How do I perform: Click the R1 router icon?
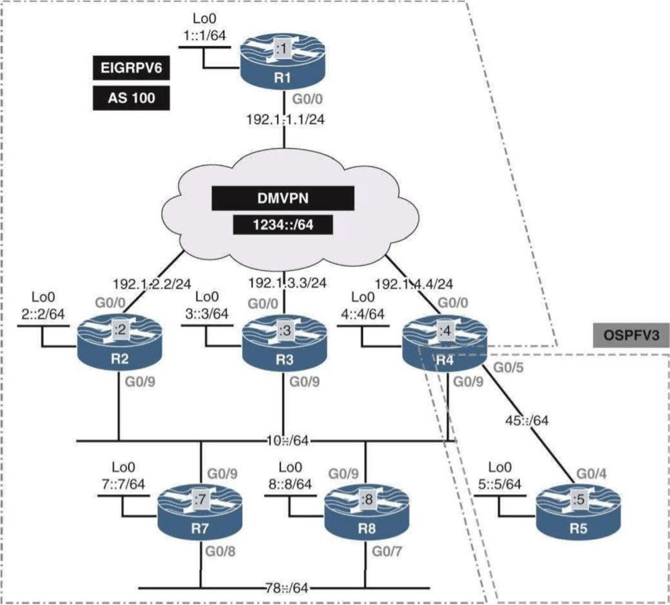tap(283, 62)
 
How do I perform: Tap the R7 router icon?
tap(200, 513)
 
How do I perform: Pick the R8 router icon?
tap(366, 513)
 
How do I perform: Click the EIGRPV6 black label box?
tap(131, 68)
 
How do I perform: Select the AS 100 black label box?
tap(131, 98)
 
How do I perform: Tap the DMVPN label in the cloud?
tap(283, 198)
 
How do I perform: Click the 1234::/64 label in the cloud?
tap(283, 225)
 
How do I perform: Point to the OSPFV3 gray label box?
tap(630, 335)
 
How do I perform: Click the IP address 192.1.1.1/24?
tap(285, 120)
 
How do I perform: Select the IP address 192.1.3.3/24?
tap(287, 282)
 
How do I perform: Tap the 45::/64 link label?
tap(527, 420)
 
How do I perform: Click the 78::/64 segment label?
tap(286, 588)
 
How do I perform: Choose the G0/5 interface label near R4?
tap(508, 367)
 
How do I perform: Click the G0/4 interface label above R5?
tap(592, 474)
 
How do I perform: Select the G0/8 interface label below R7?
tap(220, 551)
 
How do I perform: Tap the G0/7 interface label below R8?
tap(387, 551)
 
